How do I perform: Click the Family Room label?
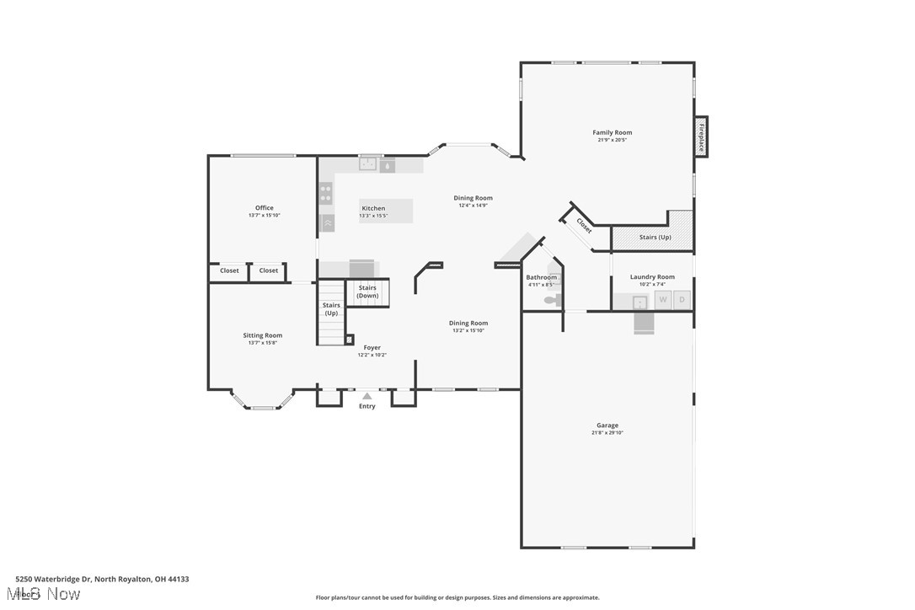[612, 132]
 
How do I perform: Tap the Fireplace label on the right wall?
[700, 137]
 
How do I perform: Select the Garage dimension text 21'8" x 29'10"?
[607, 433]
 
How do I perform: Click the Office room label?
[264, 208]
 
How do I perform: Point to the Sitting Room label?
[263, 335]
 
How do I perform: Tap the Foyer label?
[372, 347]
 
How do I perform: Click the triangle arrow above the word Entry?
[367, 395]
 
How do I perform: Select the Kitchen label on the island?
[373, 208]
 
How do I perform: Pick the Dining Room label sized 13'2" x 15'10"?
[468, 323]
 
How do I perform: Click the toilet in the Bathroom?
[550, 299]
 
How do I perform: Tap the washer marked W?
[663, 299]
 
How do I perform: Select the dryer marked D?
[682, 299]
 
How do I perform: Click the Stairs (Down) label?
[367, 292]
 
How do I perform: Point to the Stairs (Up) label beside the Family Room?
[655, 238]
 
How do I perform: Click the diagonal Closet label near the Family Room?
[584, 226]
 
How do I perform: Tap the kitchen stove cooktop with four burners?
[325, 194]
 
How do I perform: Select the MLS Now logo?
[48, 594]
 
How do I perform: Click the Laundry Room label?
[652, 277]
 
